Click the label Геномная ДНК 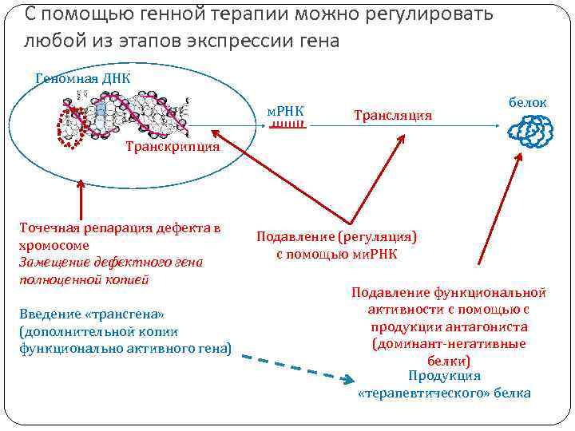tap(83, 77)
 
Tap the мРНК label tap(284, 109)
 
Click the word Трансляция tap(392, 116)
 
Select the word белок tap(527, 102)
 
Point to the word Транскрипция tap(172, 147)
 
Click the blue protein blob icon tap(528, 130)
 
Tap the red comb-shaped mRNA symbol tap(285, 125)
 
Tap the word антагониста tap(486, 326)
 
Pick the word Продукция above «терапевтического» tap(444, 376)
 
